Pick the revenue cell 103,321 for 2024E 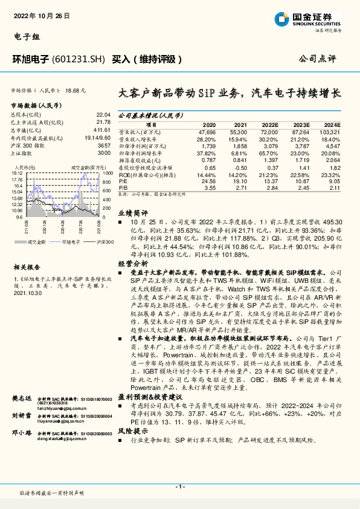pos(329,131)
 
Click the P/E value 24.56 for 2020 pos(207,180)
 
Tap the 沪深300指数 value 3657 pos(104,145)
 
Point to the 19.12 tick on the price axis pos(17,172)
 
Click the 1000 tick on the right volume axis pos(106,172)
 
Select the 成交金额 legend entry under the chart pos(36,241)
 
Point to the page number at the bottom pos(180,487)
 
